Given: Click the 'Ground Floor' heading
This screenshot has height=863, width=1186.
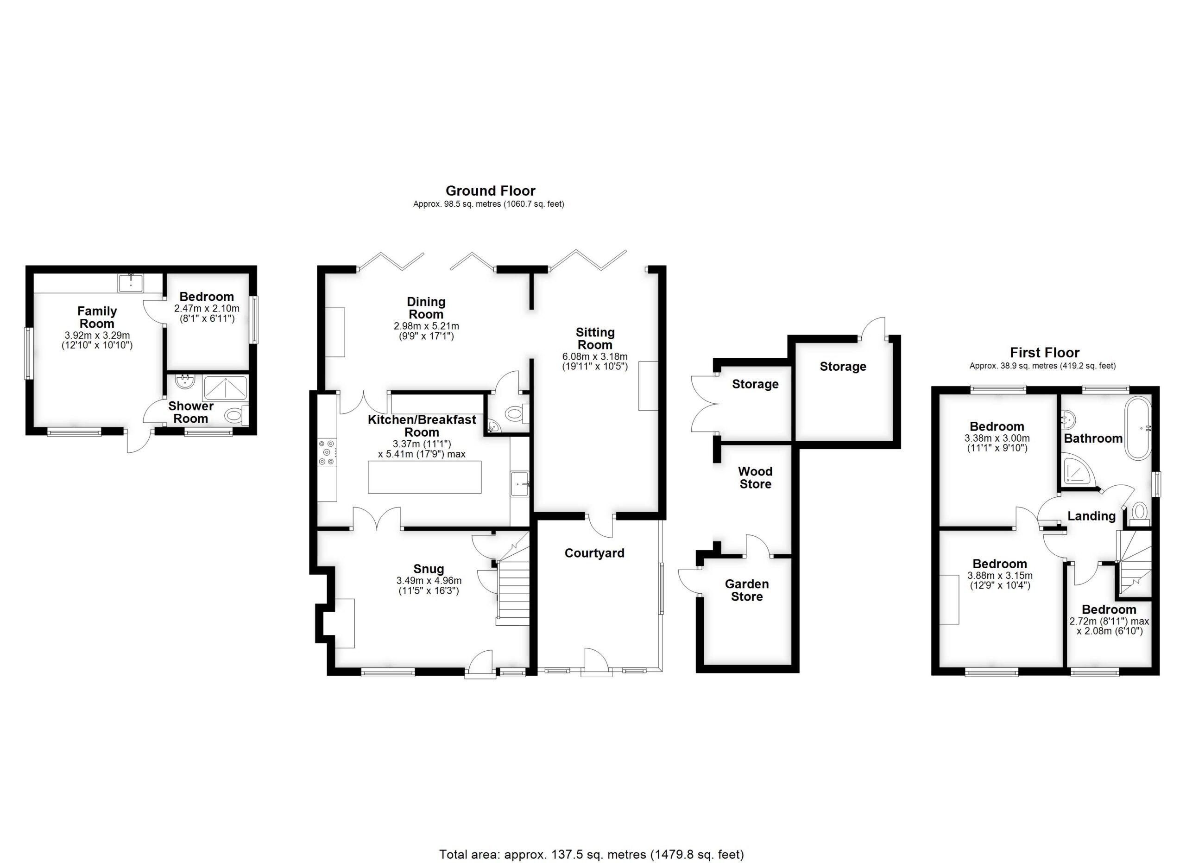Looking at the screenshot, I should click(x=490, y=191).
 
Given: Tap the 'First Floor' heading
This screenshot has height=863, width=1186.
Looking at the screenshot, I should click(x=1044, y=353).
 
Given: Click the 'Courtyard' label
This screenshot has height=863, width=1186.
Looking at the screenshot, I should click(x=594, y=553).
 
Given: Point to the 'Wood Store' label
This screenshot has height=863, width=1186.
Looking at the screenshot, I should click(x=755, y=477).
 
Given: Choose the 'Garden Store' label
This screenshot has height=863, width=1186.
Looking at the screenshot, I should click(x=746, y=590).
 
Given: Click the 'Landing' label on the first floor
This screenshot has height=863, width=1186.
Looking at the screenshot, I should click(x=1091, y=516).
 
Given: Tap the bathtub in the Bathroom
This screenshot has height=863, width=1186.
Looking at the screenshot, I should click(x=1138, y=428).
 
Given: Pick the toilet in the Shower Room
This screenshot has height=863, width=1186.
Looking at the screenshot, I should click(x=234, y=416).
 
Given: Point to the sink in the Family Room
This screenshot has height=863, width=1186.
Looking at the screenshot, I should click(x=129, y=283).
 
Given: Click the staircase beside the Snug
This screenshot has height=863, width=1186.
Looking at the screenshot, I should click(x=513, y=591).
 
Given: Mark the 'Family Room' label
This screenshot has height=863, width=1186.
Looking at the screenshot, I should click(x=97, y=317).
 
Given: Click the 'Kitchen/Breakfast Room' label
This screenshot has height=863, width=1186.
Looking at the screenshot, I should click(x=422, y=426).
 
